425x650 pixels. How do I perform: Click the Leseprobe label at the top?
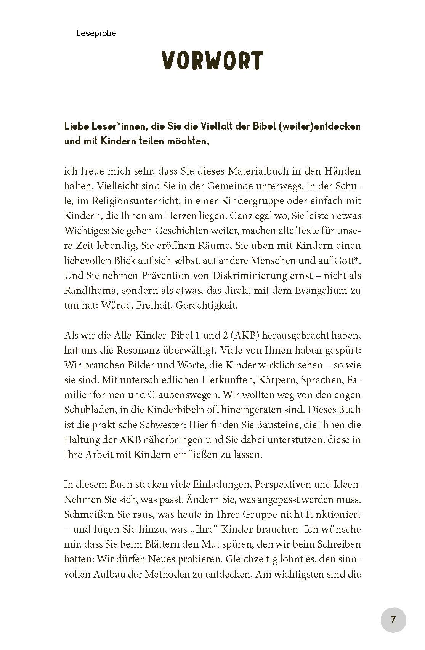[x=96, y=34]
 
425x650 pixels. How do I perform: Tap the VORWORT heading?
[x=212, y=61]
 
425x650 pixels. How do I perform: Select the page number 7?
[x=393, y=620]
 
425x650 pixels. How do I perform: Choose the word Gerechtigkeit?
[x=206, y=306]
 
